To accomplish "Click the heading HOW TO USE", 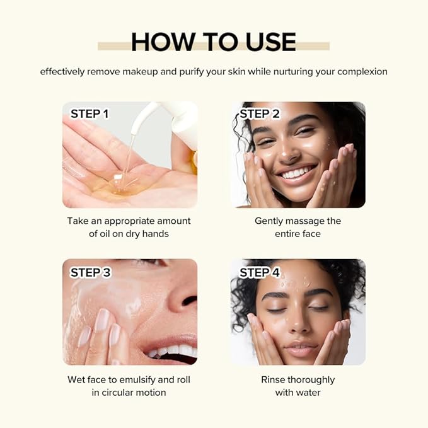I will (x=214, y=42).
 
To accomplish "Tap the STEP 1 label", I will (x=90, y=114).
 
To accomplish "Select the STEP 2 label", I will (x=259, y=114).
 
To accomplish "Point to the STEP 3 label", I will (x=90, y=272).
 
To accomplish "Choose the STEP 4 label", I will (x=260, y=272).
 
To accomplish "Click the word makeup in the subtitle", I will (x=137, y=71).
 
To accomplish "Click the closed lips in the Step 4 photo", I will (x=301, y=349).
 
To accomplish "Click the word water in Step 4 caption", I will (x=307, y=393).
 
